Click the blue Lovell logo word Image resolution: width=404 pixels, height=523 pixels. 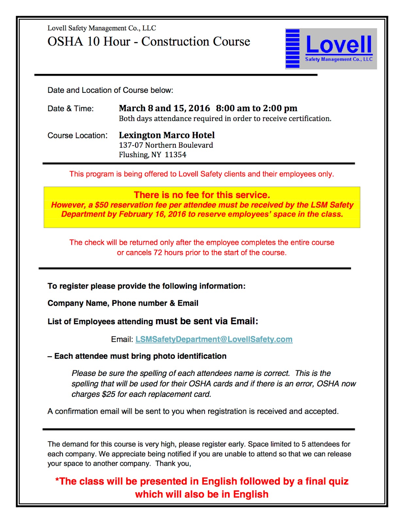pyautogui.click(x=339, y=44)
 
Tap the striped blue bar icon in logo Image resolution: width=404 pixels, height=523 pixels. pyautogui.click(x=293, y=48)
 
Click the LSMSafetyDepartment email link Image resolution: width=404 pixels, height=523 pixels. pyautogui.click(x=214, y=339)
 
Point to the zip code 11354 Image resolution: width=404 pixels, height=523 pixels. pyautogui.click(x=176, y=155)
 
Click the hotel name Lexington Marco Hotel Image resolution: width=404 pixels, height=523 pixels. pyautogui.click(x=167, y=135)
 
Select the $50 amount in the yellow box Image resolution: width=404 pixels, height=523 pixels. pyautogui.click(x=102, y=205)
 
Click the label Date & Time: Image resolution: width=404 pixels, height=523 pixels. pyautogui.click(x=71, y=109)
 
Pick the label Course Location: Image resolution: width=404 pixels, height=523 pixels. pyautogui.click(x=77, y=135)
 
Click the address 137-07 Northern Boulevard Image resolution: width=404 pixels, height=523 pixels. pyautogui.click(x=166, y=145)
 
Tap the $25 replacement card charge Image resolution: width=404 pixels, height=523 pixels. pyautogui.click(x=109, y=394)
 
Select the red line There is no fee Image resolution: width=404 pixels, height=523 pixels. pyautogui.click(x=202, y=195)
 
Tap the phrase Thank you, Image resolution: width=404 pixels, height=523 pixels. pyautogui.click(x=173, y=464)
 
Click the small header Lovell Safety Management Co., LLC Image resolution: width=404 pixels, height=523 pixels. pyautogui.click(x=102, y=28)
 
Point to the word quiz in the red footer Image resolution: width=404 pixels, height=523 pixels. pyautogui.click(x=338, y=481)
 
